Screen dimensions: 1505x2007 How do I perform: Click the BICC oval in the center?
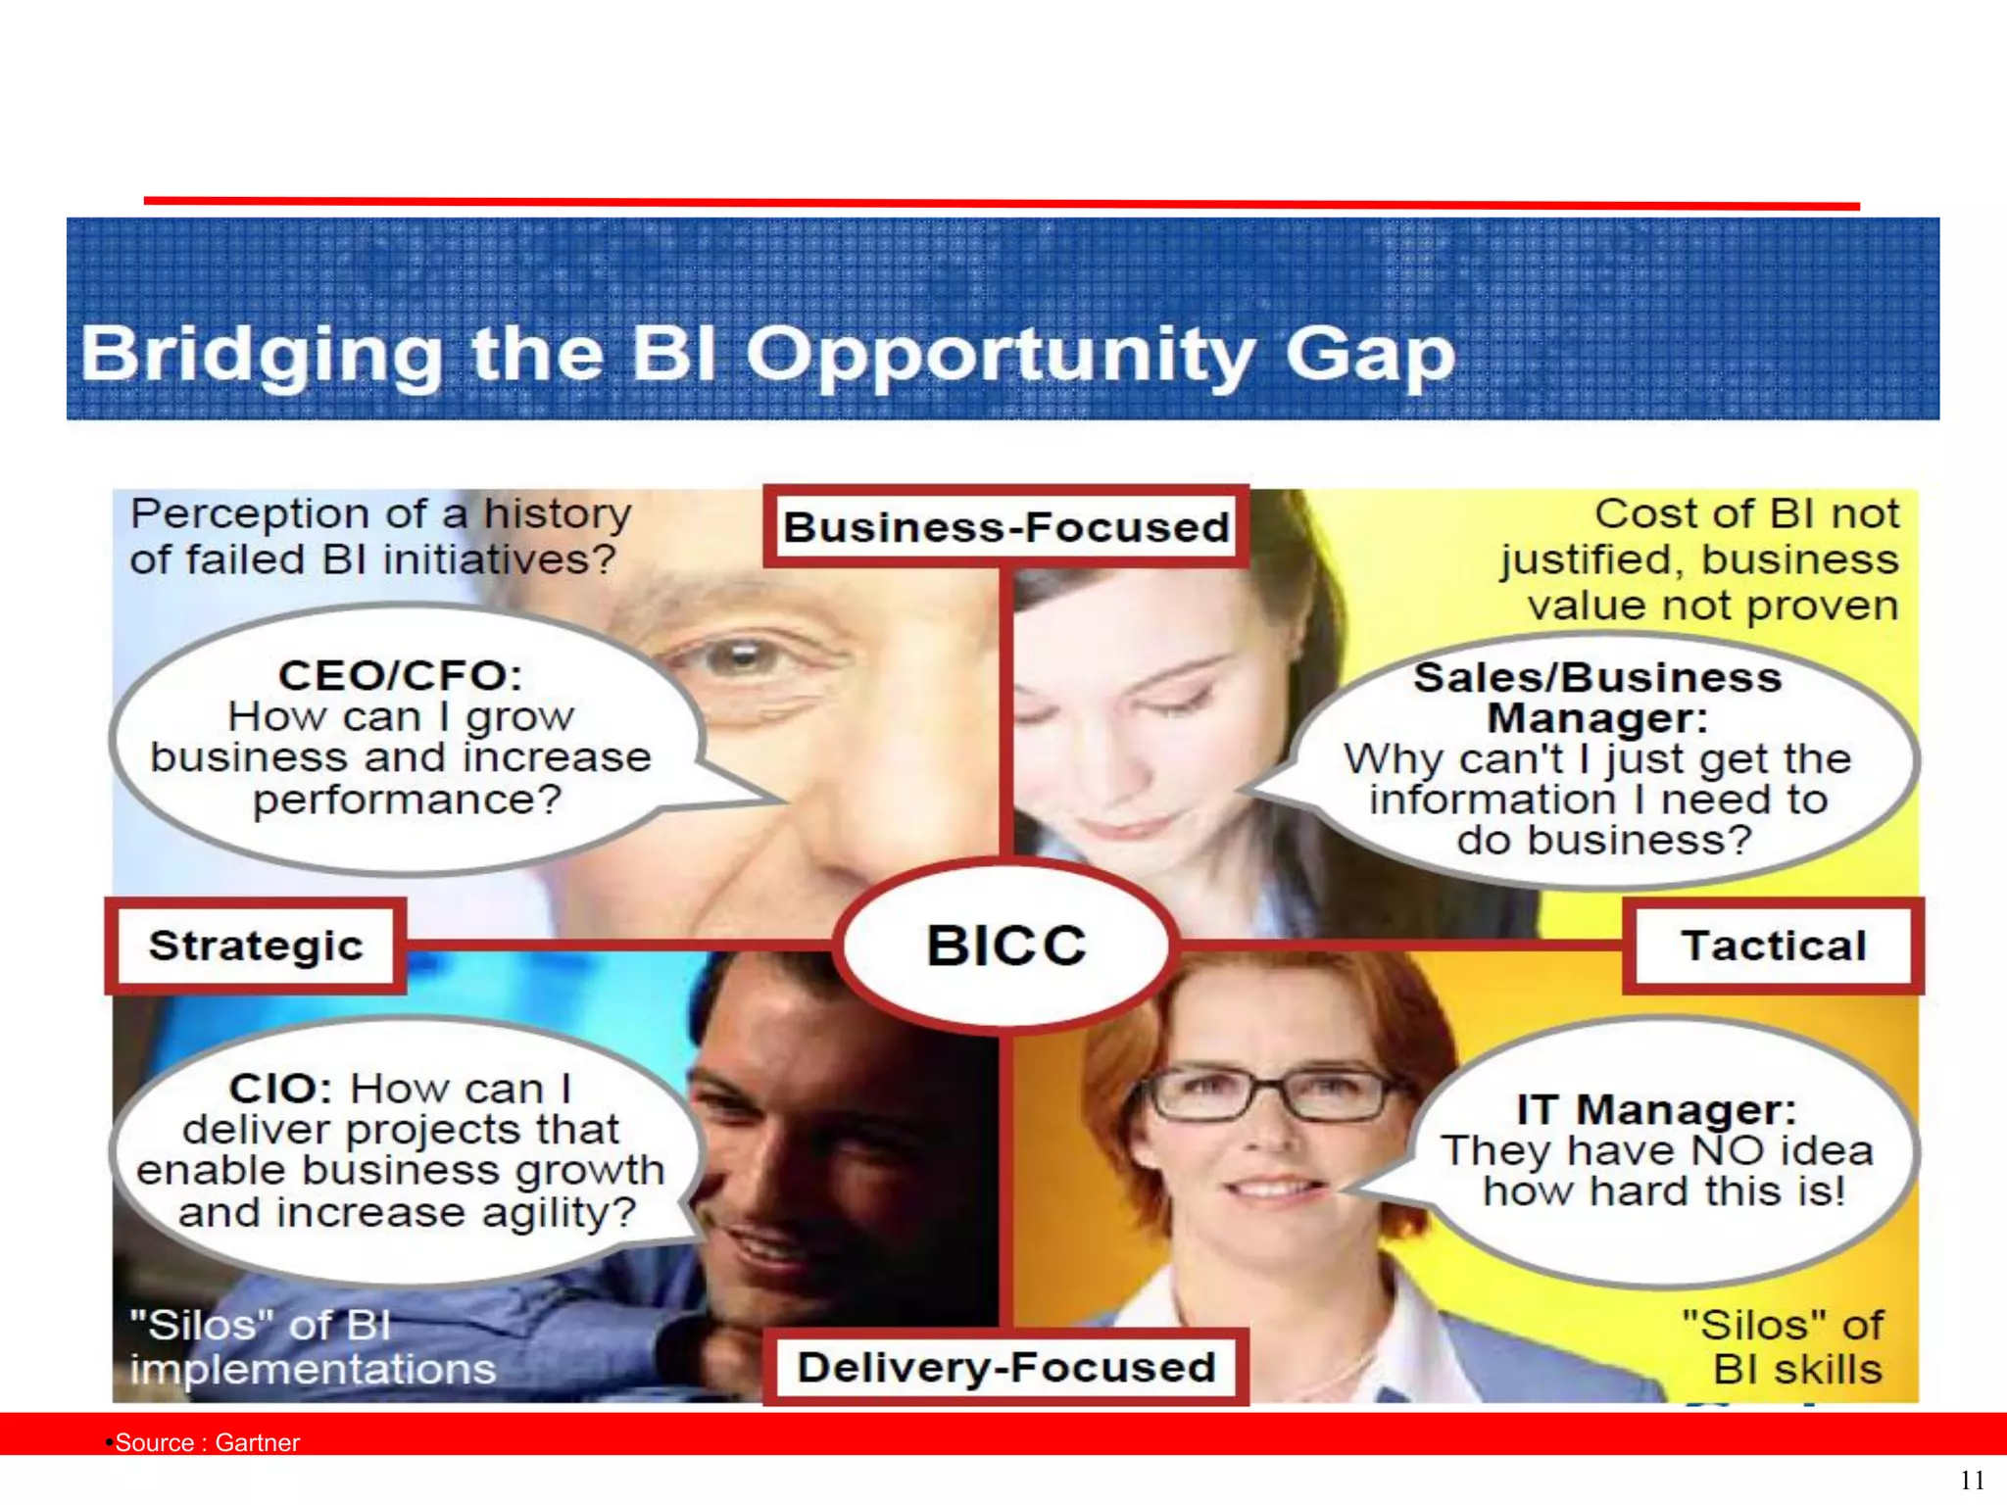pyautogui.click(x=1006, y=946)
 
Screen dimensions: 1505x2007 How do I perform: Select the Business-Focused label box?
pyautogui.click(x=1006, y=527)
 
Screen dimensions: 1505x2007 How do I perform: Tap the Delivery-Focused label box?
pyautogui.click(x=1006, y=1368)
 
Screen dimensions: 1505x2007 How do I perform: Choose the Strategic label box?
pyautogui.click(x=256, y=946)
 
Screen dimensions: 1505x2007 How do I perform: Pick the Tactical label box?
pyautogui.click(x=1773, y=946)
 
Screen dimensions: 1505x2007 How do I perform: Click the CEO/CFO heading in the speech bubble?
pyautogui.click(x=400, y=675)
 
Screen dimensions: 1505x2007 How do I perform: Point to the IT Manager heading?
pyautogui.click(x=1656, y=1110)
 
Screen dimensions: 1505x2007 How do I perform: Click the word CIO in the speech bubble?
pyautogui.click(x=271, y=1089)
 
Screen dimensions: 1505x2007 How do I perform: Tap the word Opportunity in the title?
pyautogui.click(x=1000, y=355)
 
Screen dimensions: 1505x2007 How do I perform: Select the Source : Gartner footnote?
pyautogui.click(x=206, y=1442)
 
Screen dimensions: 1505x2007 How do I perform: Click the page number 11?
pyautogui.click(x=1972, y=1480)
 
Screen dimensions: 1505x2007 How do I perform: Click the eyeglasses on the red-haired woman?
pyautogui.click(x=1274, y=1095)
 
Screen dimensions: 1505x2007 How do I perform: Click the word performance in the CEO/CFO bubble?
pyautogui.click(x=407, y=800)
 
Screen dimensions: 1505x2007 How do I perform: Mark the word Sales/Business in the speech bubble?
pyautogui.click(x=1596, y=678)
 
